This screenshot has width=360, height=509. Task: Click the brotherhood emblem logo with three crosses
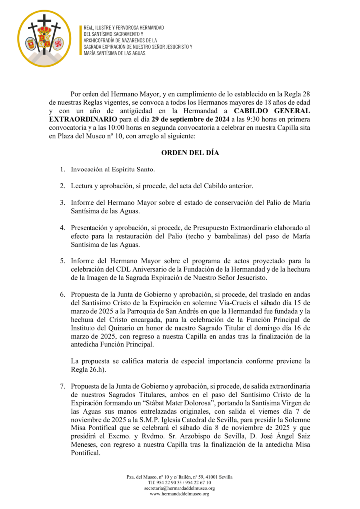coord(44,39)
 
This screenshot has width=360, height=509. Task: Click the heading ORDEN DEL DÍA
coord(190,153)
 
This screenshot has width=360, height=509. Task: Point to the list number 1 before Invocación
coord(63,170)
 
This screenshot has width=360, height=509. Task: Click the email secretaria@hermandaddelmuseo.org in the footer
coord(180,488)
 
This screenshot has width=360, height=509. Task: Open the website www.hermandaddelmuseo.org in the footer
coord(180,494)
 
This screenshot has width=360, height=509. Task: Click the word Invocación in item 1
coord(89,170)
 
